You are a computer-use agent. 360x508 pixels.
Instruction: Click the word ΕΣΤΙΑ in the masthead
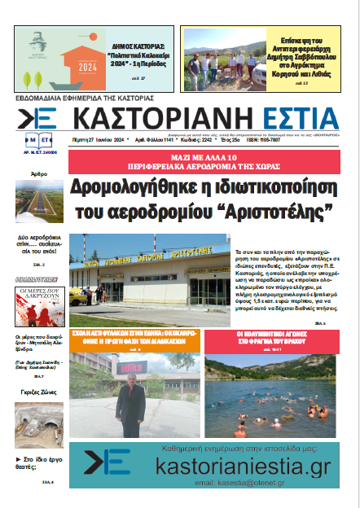click(294, 115)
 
